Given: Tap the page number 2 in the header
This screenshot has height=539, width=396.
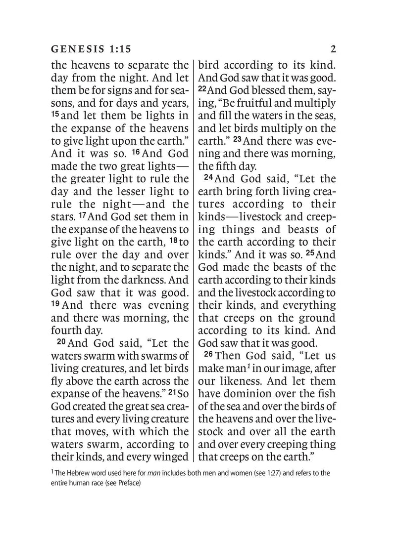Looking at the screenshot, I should [333, 49].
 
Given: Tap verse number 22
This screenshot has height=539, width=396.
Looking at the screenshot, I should [204, 90].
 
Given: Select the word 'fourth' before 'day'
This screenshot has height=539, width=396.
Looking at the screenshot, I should [67, 330].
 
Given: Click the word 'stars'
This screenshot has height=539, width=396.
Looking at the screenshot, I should [64, 215].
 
